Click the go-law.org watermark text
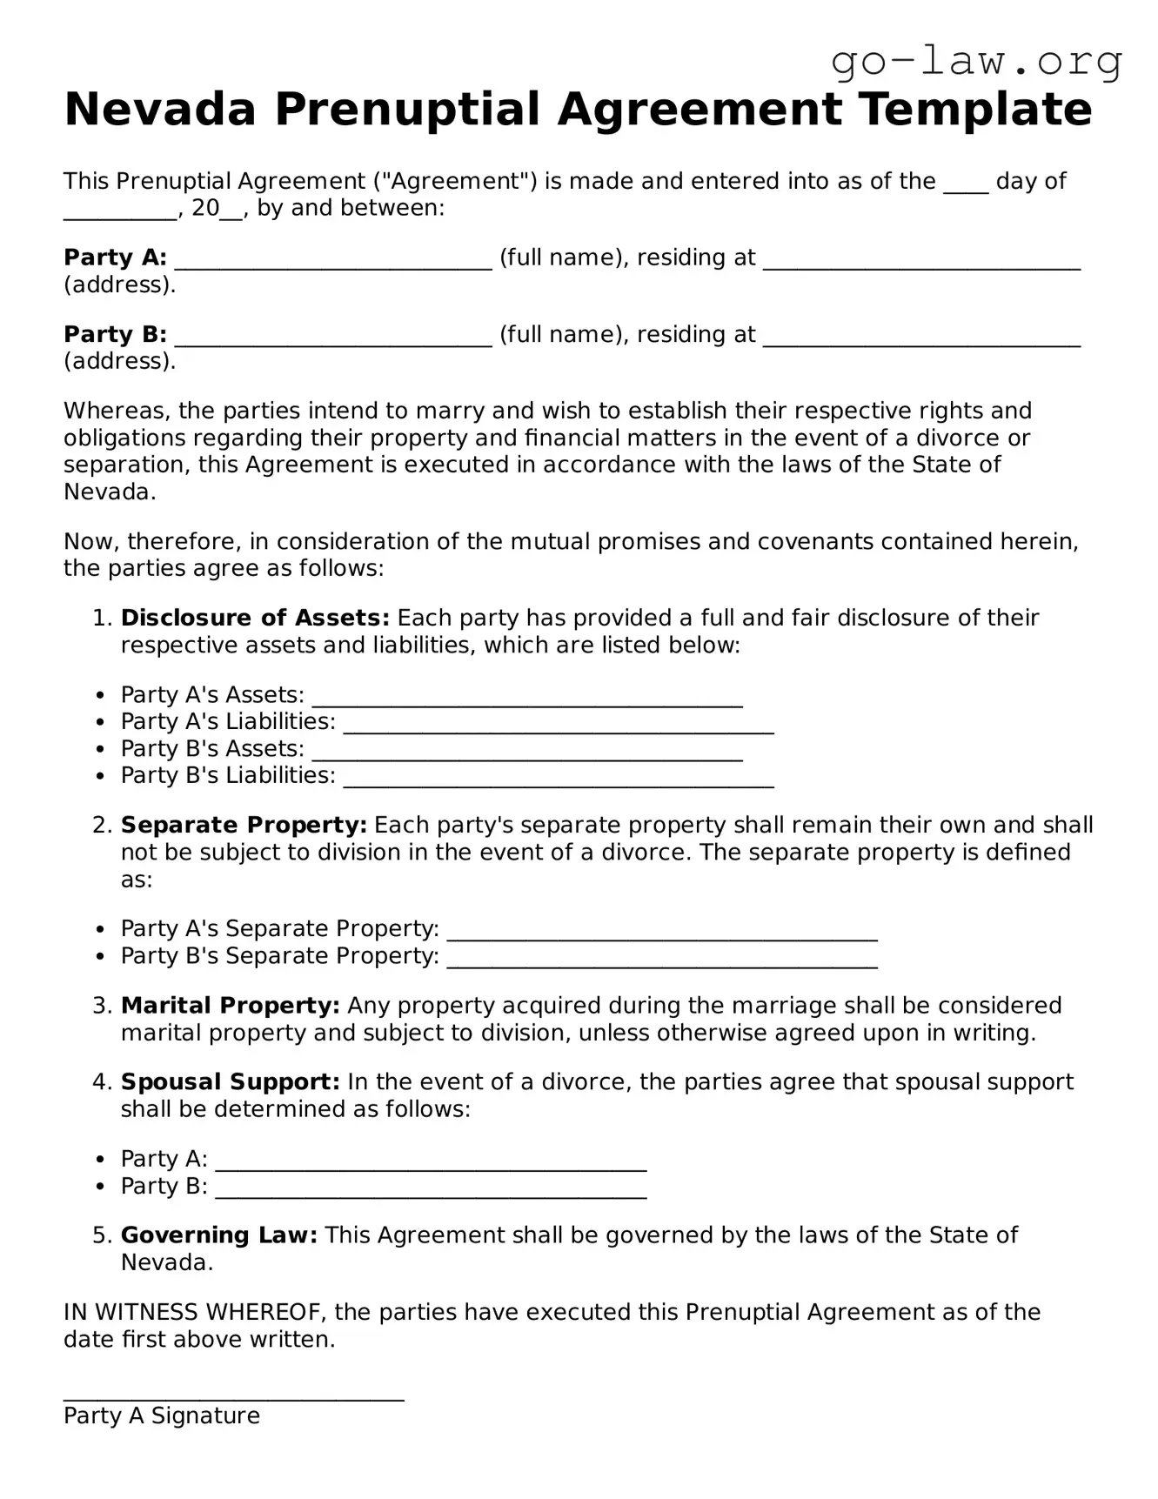coord(976,63)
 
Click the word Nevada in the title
coord(160,110)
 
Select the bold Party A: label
coord(115,258)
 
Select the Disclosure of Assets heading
coord(255,619)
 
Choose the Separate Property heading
coord(244,826)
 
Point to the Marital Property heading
coord(231,1007)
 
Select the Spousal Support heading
coord(231,1083)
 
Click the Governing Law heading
coord(219,1236)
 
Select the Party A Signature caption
coord(162,1416)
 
